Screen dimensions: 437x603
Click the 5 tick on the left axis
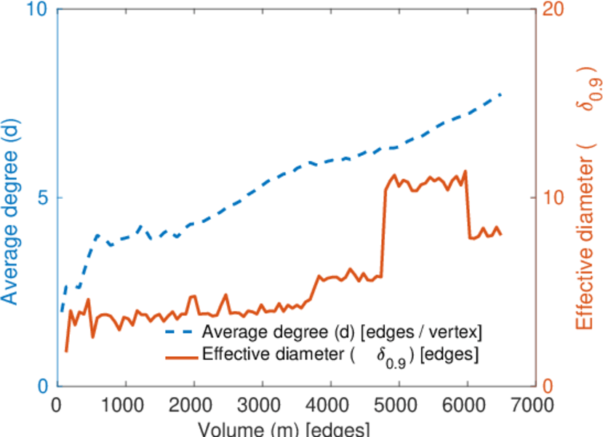(x=41, y=198)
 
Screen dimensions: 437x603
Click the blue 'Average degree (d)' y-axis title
(x=11, y=211)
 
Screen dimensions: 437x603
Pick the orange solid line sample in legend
(x=182, y=356)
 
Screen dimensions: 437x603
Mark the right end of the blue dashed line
(x=501, y=95)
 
